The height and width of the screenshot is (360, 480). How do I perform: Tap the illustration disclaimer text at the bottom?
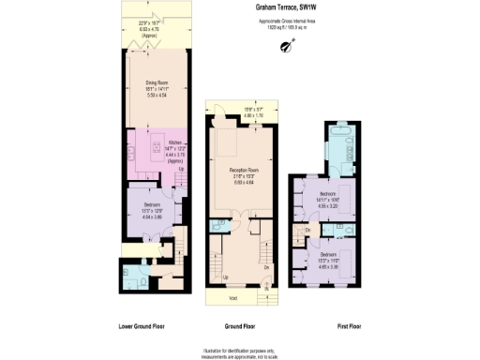click(240, 352)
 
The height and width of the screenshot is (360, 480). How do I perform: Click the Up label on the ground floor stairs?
click(226, 277)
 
